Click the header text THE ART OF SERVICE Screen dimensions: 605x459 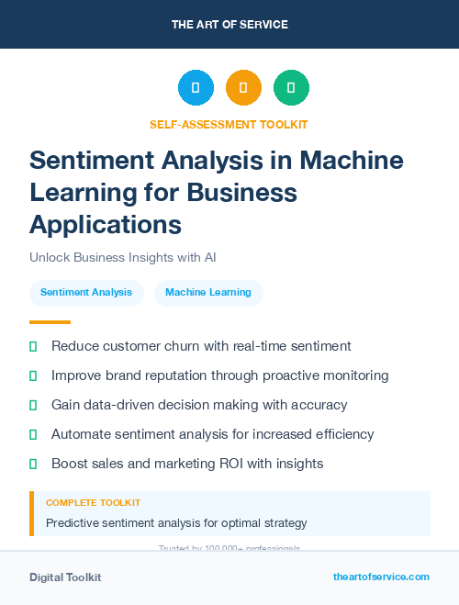click(229, 25)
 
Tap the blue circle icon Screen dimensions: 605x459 click(196, 88)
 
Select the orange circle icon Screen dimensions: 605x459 click(243, 88)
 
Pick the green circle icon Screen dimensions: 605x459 click(291, 88)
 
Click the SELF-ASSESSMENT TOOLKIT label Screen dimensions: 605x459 click(229, 124)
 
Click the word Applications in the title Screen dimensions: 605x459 click(106, 223)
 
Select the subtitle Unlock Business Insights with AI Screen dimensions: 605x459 click(122, 257)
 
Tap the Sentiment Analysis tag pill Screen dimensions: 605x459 click(86, 293)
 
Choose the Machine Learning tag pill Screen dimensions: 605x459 click(208, 293)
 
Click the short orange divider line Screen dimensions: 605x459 click(50, 322)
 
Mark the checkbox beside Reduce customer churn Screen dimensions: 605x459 click(34, 347)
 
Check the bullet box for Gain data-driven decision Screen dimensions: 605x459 click(34, 405)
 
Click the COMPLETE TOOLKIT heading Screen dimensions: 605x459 click(93, 503)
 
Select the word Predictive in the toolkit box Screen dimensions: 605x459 click(76, 523)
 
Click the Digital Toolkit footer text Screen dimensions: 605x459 click(65, 577)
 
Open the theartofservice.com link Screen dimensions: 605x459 click(381, 577)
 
